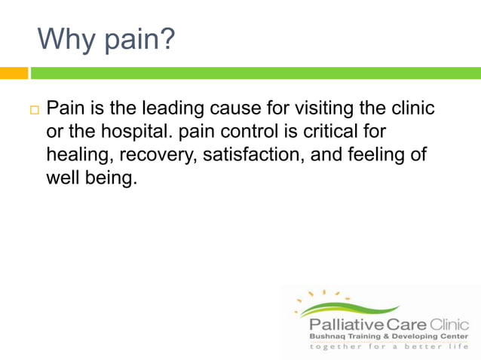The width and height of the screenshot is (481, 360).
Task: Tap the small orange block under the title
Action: coord(14,73)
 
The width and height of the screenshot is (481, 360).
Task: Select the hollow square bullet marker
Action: coord(34,111)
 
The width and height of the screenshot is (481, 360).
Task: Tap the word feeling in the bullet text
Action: coord(372,155)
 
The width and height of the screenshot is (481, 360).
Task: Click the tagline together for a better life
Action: coord(389,347)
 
